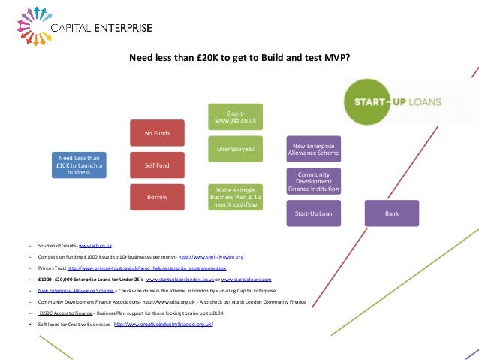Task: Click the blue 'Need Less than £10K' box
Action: [79, 164]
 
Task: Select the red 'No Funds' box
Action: [157, 133]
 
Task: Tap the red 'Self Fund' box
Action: [157, 165]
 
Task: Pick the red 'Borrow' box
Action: [157, 196]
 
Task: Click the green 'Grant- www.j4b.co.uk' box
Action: [236, 116]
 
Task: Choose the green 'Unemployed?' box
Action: [236, 149]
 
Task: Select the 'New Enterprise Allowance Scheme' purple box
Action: [314, 149]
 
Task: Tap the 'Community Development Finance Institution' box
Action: [314, 180]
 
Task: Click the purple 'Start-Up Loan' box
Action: [314, 213]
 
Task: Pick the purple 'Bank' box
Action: [392, 213]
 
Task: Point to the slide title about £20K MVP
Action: [239, 57]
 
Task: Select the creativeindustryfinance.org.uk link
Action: [164, 323]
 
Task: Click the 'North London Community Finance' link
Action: [269, 301]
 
